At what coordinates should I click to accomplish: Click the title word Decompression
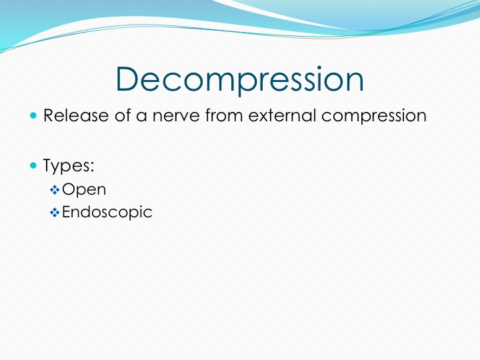coord(240,79)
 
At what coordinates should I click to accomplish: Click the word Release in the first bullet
coord(76,115)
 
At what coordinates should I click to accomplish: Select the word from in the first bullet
coord(224,115)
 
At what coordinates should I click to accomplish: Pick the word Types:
coord(69,166)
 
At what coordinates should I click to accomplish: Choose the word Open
coord(84,190)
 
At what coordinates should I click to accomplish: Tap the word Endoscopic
coord(107,212)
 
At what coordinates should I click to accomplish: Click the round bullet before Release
coord(33,115)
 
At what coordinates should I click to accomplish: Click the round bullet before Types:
coord(33,165)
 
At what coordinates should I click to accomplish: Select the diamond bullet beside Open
coord(55,190)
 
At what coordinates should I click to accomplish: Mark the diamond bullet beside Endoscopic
coord(55,213)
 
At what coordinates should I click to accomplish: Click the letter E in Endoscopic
coord(67,212)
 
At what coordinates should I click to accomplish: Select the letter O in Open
coord(69,189)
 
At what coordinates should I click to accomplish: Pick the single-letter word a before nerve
coord(141,117)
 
